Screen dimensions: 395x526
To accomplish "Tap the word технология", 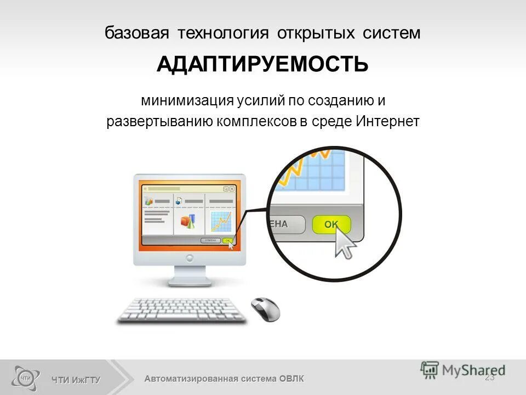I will pos(222,33).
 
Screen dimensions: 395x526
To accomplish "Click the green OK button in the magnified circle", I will pos(331,224).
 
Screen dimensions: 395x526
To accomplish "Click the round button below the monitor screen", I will pos(190,256).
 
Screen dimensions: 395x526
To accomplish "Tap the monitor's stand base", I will pos(189,281).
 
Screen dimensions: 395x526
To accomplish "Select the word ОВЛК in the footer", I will pos(291,379).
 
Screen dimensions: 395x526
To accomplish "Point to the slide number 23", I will pos(490,377).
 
